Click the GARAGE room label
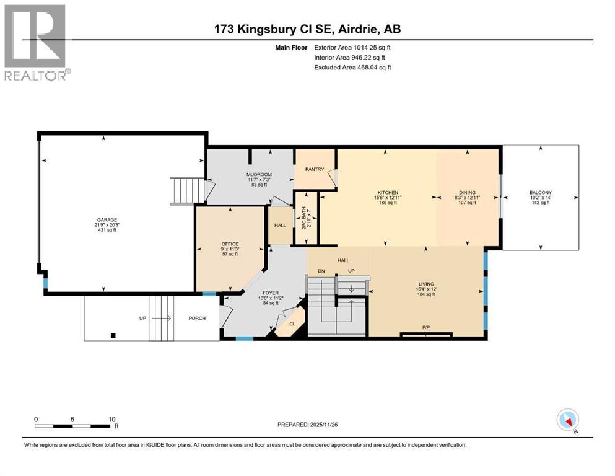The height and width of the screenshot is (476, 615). [x=105, y=219]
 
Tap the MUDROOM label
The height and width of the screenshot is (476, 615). [x=260, y=174]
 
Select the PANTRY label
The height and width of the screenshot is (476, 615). [x=315, y=169]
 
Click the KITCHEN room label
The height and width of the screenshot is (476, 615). [x=388, y=192]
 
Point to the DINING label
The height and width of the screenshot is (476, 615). [x=467, y=192]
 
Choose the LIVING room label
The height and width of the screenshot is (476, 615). [x=425, y=284]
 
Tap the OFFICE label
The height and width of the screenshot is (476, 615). [x=230, y=244]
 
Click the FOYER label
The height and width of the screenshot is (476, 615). [x=270, y=293]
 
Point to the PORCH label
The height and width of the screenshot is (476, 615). [x=197, y=319]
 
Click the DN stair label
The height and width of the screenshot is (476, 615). [x=321, y=271]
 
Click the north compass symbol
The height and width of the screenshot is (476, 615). [x=567, y=420]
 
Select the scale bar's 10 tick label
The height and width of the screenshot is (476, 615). [x=112, y=419]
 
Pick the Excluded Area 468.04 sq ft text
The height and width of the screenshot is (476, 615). [x=352, y=67]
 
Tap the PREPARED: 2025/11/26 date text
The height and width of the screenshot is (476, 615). [x=307, y=425]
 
